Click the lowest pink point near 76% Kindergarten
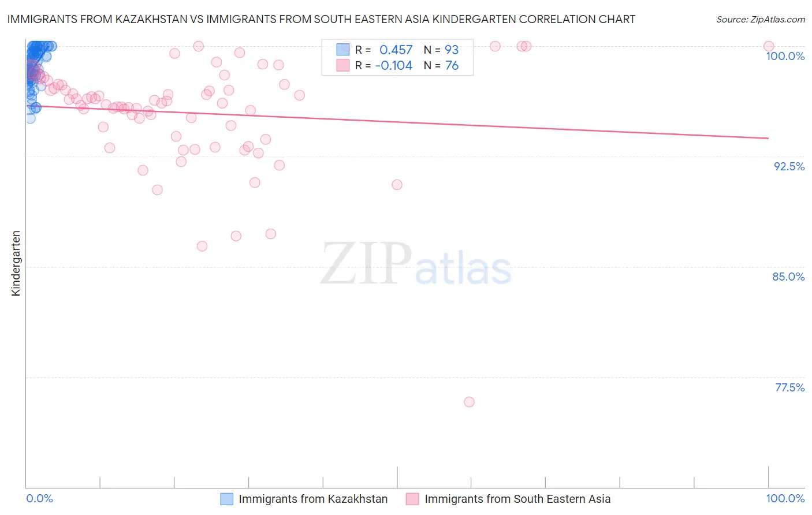point(469,402)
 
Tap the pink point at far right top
point(769,46)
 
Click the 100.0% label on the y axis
point(785,56)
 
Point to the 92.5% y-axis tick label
point(789,166)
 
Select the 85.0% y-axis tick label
point(788,277)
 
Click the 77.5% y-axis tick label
point(789,387)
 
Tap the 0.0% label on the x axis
point(39,498)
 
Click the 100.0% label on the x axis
point(785,498)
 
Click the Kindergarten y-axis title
point(16,263)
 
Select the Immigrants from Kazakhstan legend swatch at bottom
point(227,499)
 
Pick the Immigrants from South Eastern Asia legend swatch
point(412,499)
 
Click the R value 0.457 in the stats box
point(396,50)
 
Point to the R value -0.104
point(393,66)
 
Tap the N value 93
point(451,50)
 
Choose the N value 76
point(452,66)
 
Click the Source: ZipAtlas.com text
point(760,19)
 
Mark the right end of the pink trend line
point(769,138)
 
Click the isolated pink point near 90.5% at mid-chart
point(397,185)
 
